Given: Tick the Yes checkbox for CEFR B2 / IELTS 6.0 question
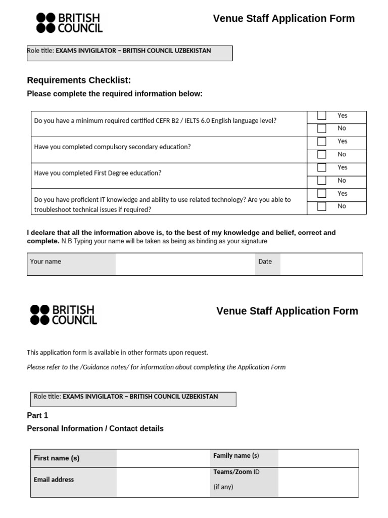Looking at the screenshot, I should pyautogui.click(x=322, y=116).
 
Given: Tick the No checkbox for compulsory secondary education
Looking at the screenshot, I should pyautogui.click(x=322, y=155).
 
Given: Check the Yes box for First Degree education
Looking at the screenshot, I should pyautogui.click(x=322, y=167).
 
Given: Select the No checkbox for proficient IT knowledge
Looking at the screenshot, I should pyautogui.click(x=322, y=206).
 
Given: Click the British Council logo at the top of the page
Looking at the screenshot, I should pyautogui.click(x=69, y=23).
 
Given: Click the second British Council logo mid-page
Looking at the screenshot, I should pyautogui.click(x=64, y=315).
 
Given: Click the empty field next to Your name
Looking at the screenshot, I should pyautogui.click(x=185, y=264).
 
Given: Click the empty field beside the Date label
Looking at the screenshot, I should pyautogui.click(x=321, y=264).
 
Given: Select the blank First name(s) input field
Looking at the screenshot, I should pyautogui.click(x=163, y=458).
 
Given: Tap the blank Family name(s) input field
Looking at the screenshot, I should pyautogui.click(x=318, y=458).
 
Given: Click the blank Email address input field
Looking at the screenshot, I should pyautogui.click(x=163, y=482).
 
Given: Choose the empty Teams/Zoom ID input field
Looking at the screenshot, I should pyautogui.click(x=318, y=482).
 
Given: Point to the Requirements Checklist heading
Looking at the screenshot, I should pyautogui.click(x=79, y=80).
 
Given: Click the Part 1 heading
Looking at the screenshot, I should pyautogui.click(x=37, y=415).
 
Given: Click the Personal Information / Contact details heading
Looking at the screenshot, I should pyautogui.click(x=95, y=428).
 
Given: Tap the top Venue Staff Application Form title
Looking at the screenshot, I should pyautogui.click(x=283, y=19).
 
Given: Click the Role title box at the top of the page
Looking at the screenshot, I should pyautogui.click(x=129, y=53).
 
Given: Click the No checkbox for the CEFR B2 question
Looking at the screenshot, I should pyautogui.click(x=322, y=128).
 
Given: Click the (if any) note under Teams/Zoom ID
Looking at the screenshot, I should pyautogui.click(x=223, y=487).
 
